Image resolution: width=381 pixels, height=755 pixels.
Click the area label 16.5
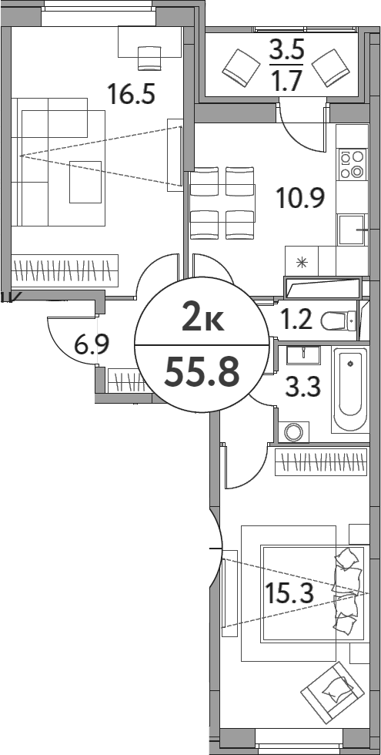132,95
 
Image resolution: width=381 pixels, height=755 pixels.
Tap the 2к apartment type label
202,317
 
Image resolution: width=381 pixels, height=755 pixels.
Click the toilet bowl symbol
339,319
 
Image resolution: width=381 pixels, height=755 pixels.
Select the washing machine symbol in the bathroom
293,431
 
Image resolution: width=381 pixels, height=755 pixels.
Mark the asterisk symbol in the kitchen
301,262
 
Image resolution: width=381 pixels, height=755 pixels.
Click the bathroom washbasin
302,354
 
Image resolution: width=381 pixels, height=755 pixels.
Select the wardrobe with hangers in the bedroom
319,462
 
